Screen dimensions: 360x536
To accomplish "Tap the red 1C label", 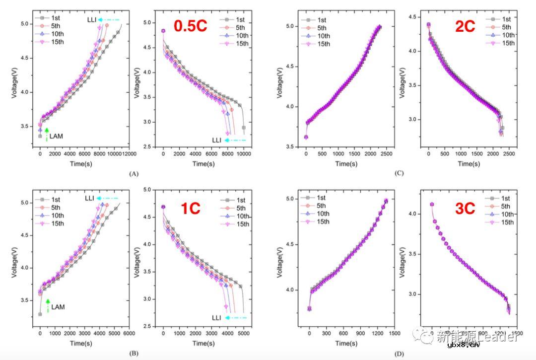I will (190, 208).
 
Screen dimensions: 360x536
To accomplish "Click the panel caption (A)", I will (133, 174).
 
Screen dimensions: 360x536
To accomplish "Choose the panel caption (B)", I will (133, 353).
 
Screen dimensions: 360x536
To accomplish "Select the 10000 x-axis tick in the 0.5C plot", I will (244, 154).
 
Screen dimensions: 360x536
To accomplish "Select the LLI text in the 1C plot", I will (216, 317).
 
